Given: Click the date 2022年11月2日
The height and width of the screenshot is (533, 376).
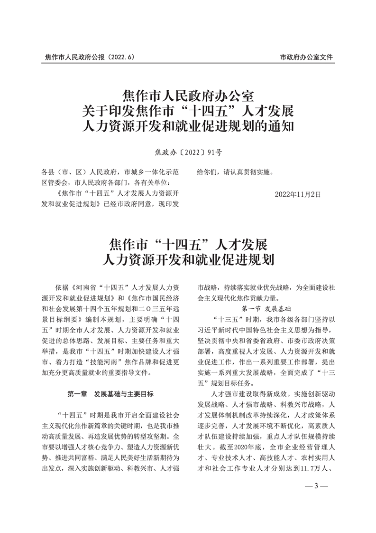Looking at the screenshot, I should click(x=298, y=194).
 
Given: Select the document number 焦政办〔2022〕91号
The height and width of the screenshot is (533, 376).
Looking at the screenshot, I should click(x=188, y=152).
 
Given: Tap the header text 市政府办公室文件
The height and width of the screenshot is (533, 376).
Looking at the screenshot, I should click(x=307, y=57).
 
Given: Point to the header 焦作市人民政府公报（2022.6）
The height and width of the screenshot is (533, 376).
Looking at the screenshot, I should click(x=90, y=57).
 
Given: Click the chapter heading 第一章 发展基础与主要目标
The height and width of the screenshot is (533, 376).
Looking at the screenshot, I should click(x=110, y=394).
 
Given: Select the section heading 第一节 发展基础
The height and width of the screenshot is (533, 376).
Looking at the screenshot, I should click(x=266, y=308).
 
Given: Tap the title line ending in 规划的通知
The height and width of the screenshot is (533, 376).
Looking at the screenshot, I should click(x=188, y=127).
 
